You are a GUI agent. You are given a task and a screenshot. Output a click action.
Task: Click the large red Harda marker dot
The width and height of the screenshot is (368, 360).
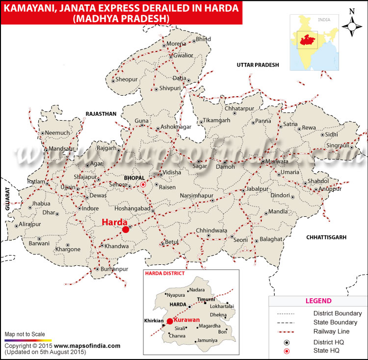[126, 229]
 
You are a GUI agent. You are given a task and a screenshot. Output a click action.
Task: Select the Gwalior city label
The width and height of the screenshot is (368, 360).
[184, 55]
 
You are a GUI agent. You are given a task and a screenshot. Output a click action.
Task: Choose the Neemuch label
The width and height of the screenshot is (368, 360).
[58, 133]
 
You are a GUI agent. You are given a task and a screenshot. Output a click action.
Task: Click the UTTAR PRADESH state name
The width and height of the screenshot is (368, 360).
[258, 65]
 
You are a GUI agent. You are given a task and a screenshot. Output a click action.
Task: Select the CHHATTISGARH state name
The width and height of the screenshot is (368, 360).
[326, 237]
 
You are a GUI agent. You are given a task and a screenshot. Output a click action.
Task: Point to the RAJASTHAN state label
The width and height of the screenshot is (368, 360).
[101, 114]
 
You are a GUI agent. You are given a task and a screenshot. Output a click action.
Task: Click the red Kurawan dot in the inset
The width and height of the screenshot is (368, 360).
[170, 321]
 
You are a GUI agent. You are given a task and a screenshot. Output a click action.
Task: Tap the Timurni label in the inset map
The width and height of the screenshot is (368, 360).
[206, 299]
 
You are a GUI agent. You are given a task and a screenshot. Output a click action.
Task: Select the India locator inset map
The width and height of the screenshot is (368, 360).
[314, 42]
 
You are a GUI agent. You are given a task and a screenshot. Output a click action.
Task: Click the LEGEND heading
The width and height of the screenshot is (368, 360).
[318, 301]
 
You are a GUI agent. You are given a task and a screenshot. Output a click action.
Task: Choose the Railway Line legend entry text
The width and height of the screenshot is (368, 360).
[332, 331]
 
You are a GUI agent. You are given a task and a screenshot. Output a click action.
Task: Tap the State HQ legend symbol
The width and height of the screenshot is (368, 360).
[288, 350]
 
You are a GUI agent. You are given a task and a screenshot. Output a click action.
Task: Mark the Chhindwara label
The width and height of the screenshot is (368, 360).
[211, 230]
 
